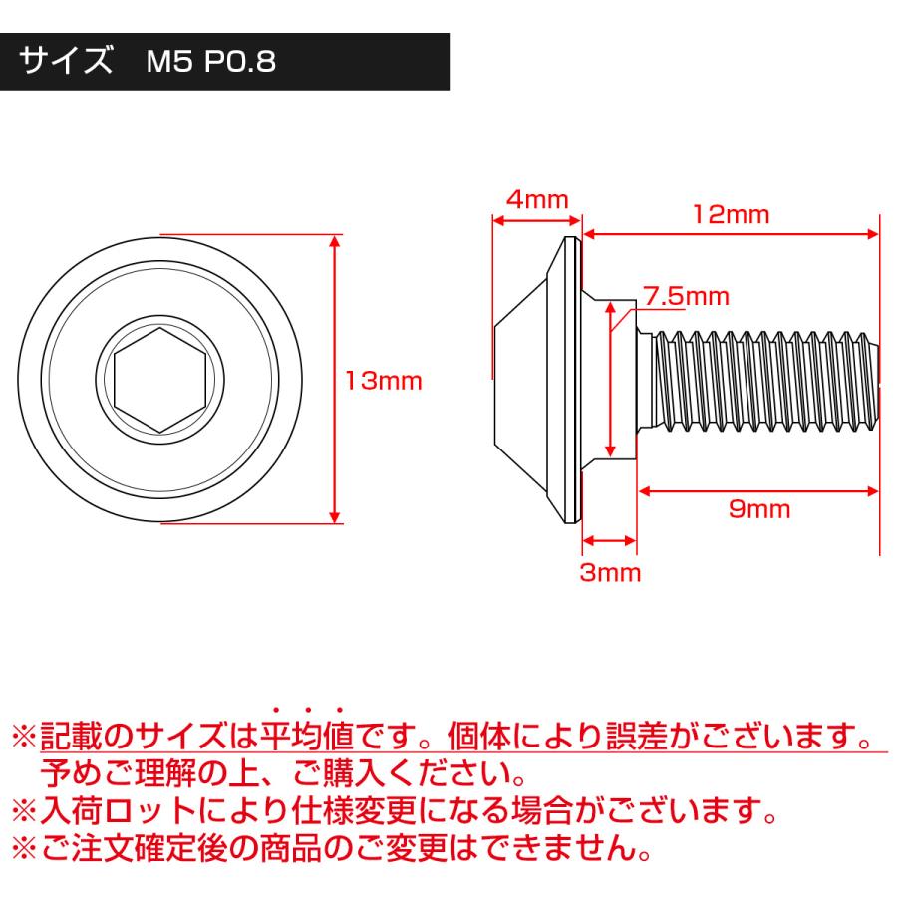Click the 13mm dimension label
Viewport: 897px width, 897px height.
tap(384, 381)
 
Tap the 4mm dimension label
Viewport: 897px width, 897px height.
tap(536, 198)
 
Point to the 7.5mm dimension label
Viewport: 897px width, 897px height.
tap(686, 296)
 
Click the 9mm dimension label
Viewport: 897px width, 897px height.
tap(758, 510)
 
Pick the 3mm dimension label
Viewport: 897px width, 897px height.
tap(610, 573)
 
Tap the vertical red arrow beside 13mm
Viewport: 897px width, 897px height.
tap(335, 379)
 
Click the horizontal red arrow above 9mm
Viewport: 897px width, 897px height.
tap(758, 489)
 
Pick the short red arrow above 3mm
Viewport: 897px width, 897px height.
tap(609, 540)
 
